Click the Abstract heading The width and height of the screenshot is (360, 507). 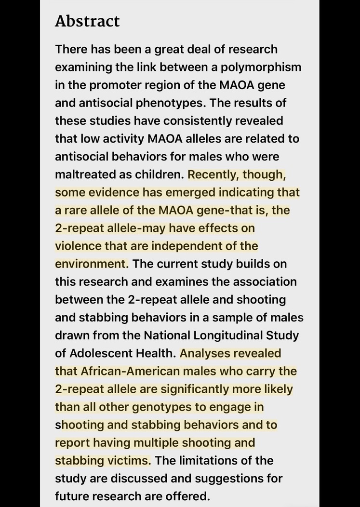[x=87, y=21]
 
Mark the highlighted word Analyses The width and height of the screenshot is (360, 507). [x=230, y=353]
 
